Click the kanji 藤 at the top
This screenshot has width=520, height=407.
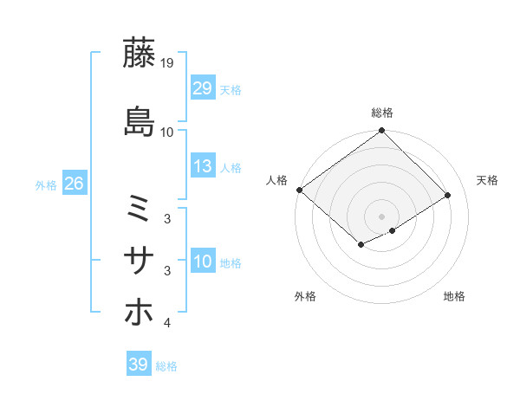pyautogui.click(x=140, y=53)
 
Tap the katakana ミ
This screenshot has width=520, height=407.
pyautogui.click(x=140, y=209)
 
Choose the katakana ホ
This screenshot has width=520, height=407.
pyautogui.click(x=140, y=310)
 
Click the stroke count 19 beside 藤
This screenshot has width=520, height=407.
pyautogui.click(x=167, y=64)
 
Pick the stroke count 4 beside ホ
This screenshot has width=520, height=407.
pyautogui.click(x=167, y=324)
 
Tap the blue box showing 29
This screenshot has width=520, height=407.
pyautogui.click(x=203, y=88)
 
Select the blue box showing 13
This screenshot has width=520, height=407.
pyautogui.click(x=203, y=166)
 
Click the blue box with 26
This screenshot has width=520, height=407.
pyautogui.click(x=74, y=184)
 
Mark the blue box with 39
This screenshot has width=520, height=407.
pyautogui.click(x=138, y=365)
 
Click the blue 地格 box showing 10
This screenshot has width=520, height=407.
pyautogui.click(x=203, y=262)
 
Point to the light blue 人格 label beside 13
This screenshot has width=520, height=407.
pyautogui.click(x=231, y=167)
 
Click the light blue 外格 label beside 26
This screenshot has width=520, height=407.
pyautogui.click(x=46, y=184)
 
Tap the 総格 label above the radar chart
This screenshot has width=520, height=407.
pyautogui.click(x=381, y=113)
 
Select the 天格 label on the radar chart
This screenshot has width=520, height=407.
pyautogui.click(x=487, y=180)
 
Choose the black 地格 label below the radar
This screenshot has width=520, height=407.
pyautogui.click(x=454, y=297)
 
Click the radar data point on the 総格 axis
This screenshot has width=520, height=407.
pyautogui.click(x=381, y=131)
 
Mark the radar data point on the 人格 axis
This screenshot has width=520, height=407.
pyautogui.click(x=299, y=190)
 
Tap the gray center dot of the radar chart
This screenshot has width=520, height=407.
pyautogui.click(x=381, y=216)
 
